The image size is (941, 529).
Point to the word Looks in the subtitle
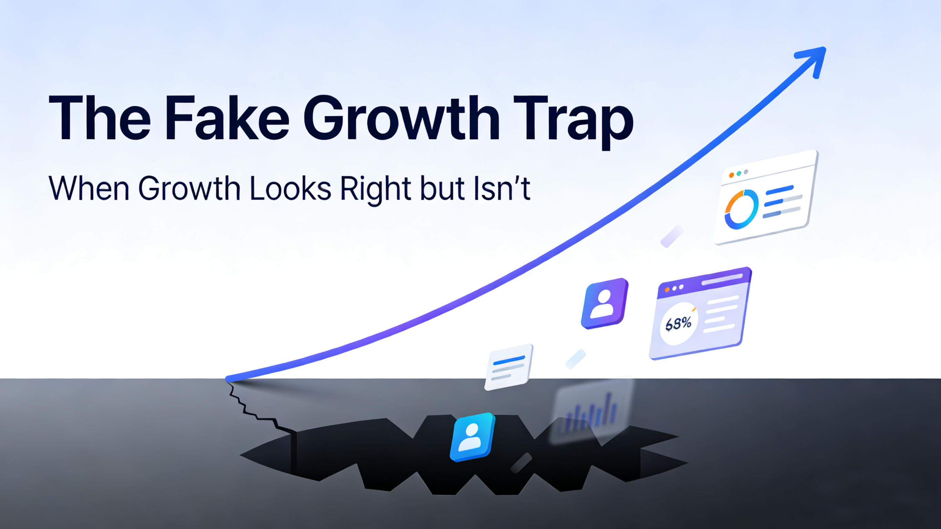coord(291,189)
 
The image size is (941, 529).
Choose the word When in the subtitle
coord(89,189)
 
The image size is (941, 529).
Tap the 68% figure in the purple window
coord(678,324)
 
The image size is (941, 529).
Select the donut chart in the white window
coord(741,209)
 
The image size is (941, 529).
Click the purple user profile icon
coord(605,303)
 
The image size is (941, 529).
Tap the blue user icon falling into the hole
coord(472,437)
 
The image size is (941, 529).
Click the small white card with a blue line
coord(508,367)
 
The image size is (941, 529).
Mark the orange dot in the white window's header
coord(731,175)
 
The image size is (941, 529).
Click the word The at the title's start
coord(99,118)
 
